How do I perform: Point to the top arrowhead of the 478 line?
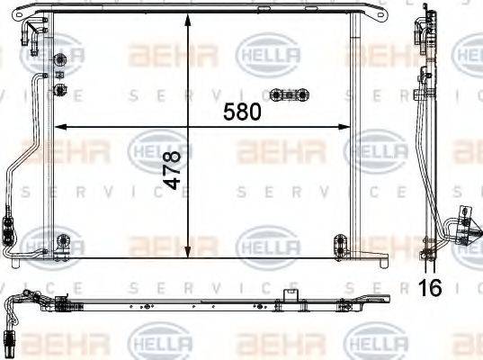[x=187, y=20]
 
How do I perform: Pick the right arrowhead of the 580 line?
[x=347, y=124]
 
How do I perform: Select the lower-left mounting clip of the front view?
[x=62, y=240]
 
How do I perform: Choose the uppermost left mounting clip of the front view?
[x=62, y=61]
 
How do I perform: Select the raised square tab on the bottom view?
[x=290, y=293]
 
